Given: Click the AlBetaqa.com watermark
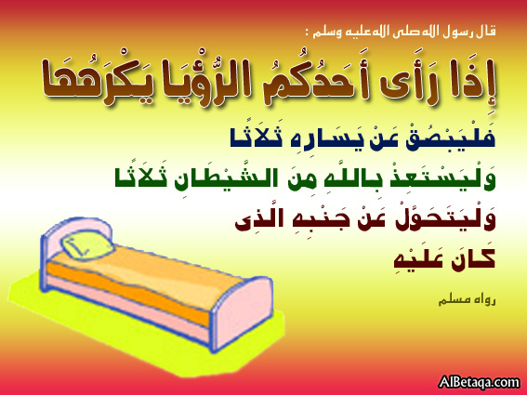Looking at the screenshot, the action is pos(480,383).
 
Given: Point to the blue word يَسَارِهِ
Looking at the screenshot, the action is pos(320,138).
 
